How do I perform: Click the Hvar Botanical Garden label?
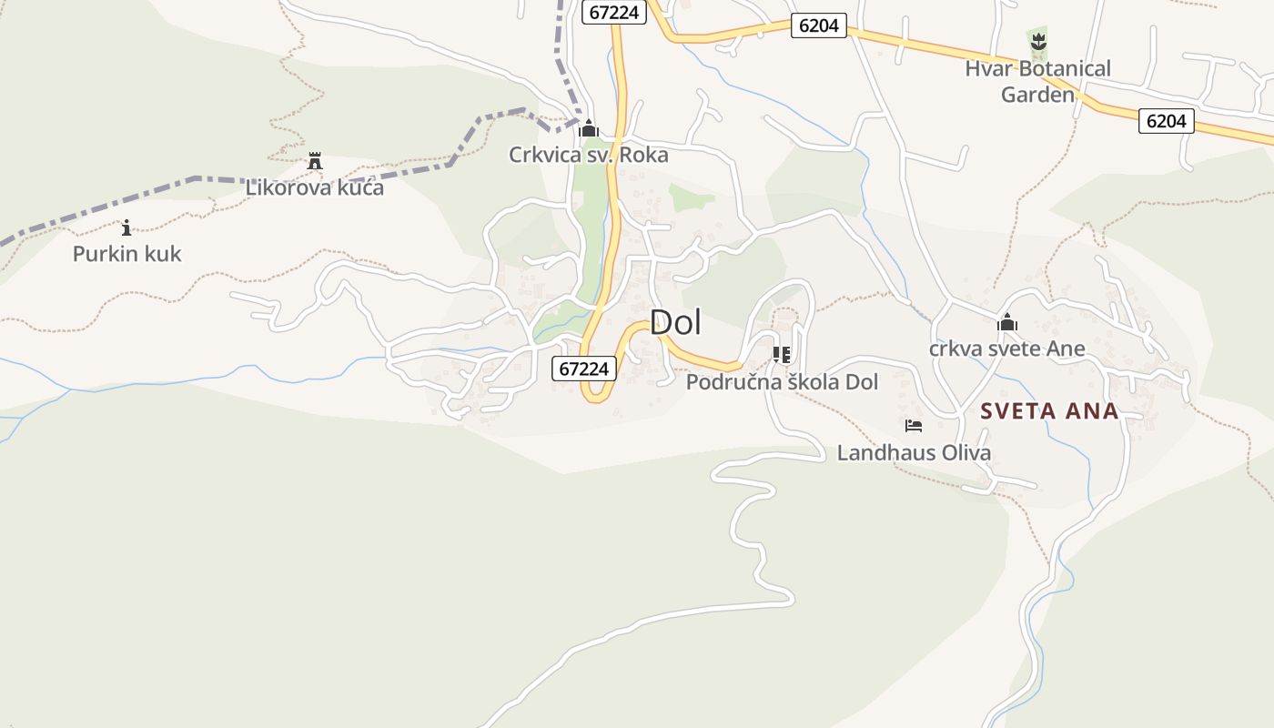pos(1037,81)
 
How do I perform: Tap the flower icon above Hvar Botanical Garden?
pos(1037,41)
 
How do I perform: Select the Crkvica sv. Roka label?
pos(588,155)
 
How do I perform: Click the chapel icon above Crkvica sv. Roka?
pos(589,128)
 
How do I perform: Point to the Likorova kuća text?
pos(315,187)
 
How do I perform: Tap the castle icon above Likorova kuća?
pos(315,161)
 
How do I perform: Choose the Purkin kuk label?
pos(127,254)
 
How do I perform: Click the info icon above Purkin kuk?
pos(126,227)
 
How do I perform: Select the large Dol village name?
pos(675,322)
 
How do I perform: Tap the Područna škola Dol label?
pos(782,382)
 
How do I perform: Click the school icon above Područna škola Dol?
pos(781,355)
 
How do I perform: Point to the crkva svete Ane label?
pos(1006,349)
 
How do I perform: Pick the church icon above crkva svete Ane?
pos(1006,322)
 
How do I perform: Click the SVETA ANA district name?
pos(1049,411)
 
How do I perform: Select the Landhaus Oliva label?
pos(914,452)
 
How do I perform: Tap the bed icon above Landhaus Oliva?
pos(914,426)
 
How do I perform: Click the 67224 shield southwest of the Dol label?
pos(584,369)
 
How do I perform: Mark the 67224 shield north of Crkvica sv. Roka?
pos(613,13)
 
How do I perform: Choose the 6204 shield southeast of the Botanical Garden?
pos(1166,120)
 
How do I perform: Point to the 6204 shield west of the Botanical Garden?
pos(818,25)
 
